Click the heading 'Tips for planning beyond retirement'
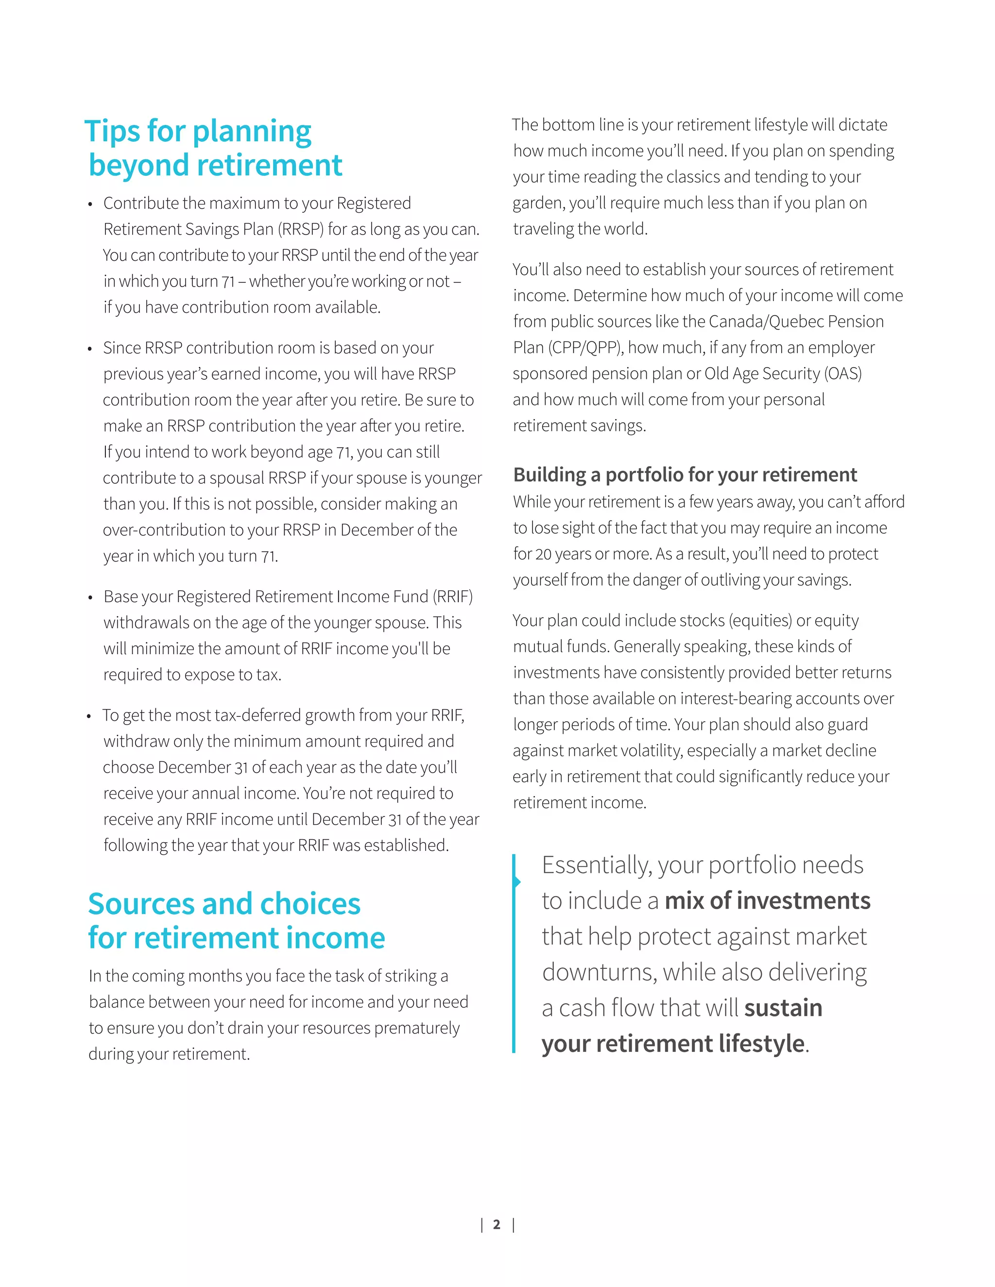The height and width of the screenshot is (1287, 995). click(214, 148)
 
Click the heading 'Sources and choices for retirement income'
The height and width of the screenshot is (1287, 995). click(236, 920)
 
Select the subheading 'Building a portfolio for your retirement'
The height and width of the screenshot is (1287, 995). click(685, 474)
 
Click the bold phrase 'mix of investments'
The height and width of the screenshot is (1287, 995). click(768, 901)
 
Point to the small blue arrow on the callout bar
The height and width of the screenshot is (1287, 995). click(517, 881)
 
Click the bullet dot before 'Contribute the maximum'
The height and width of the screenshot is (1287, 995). click(90, 205)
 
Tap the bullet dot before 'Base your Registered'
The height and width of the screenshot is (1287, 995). click(90, 599)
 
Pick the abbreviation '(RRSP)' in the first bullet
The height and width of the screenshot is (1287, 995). click(301, 229)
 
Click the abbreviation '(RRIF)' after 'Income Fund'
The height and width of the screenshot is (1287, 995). click(453, 597)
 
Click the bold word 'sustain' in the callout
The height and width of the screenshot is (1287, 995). click(783, 1008)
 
